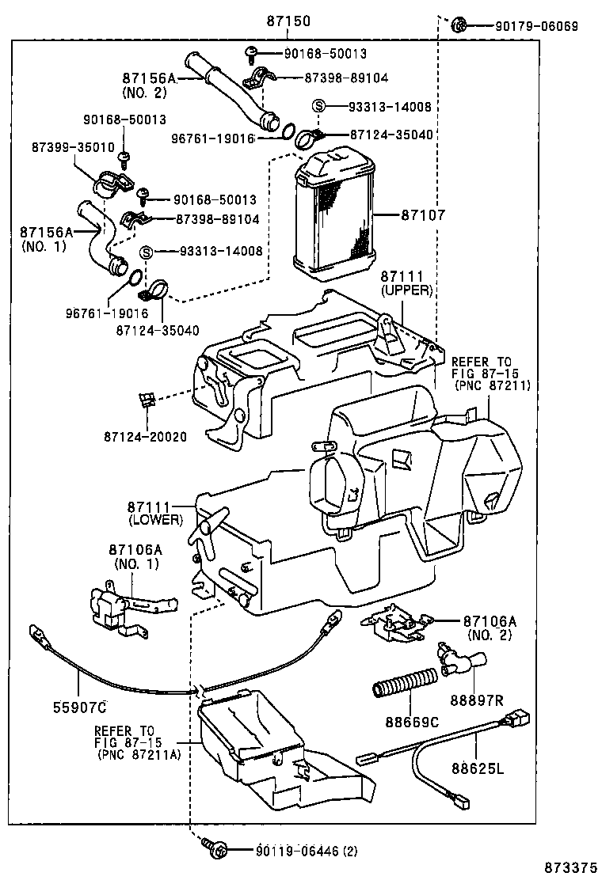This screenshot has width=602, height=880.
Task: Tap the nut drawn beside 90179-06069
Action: [458, 26]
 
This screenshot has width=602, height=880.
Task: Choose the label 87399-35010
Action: [74, 147]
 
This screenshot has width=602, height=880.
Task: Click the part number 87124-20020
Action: [145, 436]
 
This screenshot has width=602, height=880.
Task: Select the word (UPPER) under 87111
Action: [406, 290]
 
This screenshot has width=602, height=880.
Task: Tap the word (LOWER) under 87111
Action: [155, 520]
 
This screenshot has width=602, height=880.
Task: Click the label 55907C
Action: [80, 704]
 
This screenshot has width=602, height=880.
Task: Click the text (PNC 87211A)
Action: [139, 755]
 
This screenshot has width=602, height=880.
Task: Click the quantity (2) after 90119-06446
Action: [350, 852]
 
